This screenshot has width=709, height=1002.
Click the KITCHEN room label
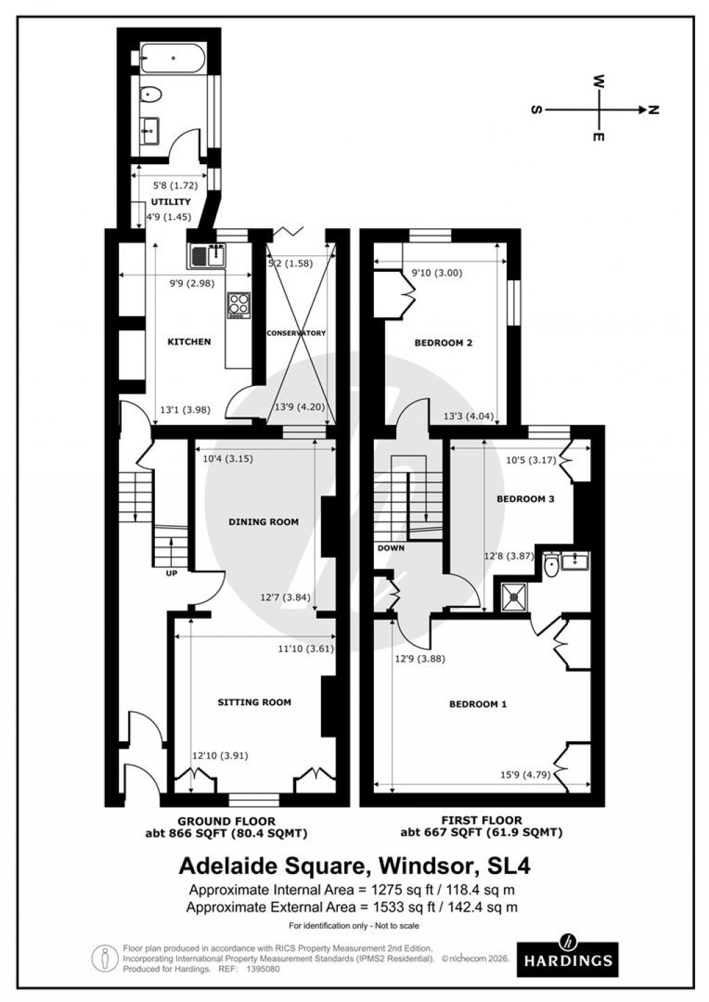point(189,341)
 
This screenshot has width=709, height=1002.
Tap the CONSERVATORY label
point(296,333)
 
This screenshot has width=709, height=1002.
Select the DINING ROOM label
point(263,522)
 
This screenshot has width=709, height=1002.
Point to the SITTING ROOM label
point(254,702)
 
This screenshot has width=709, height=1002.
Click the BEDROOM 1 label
point(478,704)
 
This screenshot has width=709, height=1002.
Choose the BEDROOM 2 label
point(443,343)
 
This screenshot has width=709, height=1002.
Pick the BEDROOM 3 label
point(525,499)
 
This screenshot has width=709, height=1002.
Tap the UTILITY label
point(170,202)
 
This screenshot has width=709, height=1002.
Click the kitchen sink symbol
point(207,257)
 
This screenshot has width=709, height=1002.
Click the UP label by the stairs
point(171,574)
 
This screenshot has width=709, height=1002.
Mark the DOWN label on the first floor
point(391,547)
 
